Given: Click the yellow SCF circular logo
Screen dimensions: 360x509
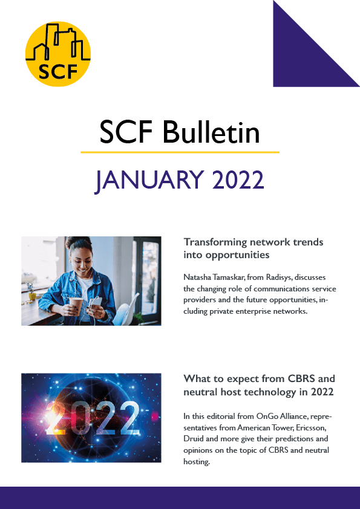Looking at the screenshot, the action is click(58, 54).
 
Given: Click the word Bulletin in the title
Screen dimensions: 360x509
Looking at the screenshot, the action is click(211, 132).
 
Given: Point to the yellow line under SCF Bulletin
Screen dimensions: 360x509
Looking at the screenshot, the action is click(180, 152).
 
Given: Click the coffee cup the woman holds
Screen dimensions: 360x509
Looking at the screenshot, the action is click(76, 305).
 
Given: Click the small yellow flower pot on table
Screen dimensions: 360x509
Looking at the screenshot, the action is click(32, 296).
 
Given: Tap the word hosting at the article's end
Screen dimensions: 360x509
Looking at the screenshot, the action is click(197, 462).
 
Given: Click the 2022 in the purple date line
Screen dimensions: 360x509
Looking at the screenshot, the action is click(238, 180).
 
